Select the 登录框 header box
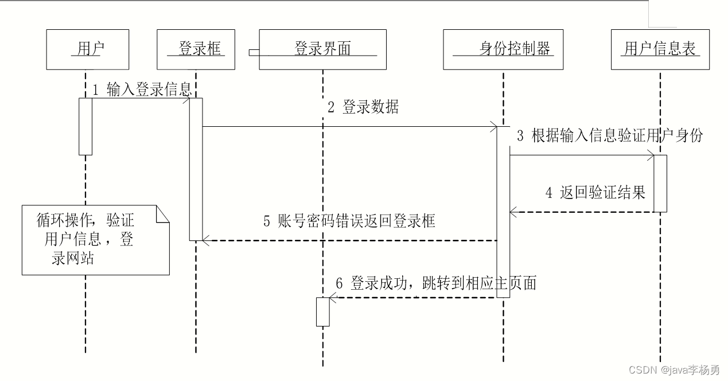coord(196,49)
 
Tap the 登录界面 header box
coord(322,49)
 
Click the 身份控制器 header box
coord(503,49)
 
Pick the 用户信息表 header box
coord(660,49)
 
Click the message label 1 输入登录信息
coord(142,90)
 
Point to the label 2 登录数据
coord(363,107)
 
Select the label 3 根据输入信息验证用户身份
coord(609,136)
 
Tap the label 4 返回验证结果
coord(595,192)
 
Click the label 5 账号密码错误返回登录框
coord(349,221)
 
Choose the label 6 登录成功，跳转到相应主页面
coord(435,283)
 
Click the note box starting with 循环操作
coord(96,240)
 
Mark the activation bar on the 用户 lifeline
coord(85,126)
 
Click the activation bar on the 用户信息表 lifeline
coord(660,183)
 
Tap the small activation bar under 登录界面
coord(323,312)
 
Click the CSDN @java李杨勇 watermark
coord(674,370)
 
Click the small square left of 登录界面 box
coord(252,53)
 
